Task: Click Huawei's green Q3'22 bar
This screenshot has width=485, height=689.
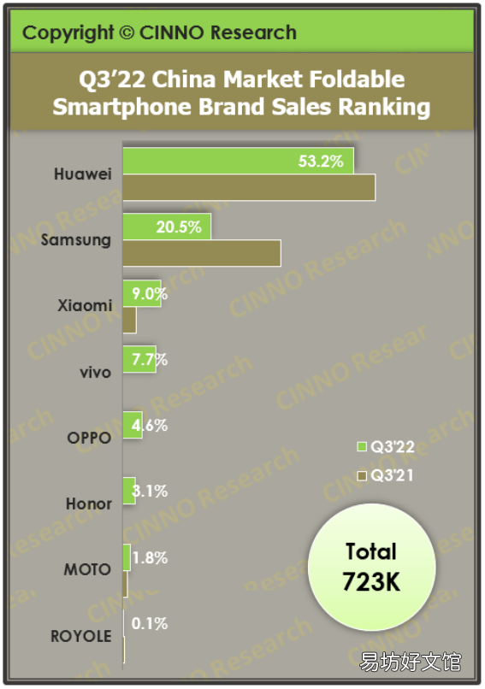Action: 238,161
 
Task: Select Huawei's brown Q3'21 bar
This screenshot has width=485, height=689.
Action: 249,187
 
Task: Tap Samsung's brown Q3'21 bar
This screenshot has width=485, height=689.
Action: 202,253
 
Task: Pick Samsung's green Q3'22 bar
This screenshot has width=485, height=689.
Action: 167,227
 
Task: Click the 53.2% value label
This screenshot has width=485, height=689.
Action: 321,162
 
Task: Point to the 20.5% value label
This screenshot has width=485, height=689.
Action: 179,227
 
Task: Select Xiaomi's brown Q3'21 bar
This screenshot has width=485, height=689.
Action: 129,320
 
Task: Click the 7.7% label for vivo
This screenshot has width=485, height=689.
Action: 150,360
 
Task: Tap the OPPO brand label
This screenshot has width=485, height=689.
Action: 89,438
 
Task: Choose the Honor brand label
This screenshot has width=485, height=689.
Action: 89,503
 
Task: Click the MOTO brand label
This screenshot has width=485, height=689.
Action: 87,569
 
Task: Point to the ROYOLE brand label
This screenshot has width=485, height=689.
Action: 81,636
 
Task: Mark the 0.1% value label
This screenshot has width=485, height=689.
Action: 150,623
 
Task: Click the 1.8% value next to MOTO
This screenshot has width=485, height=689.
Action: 150,558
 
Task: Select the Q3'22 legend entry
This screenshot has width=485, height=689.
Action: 386,447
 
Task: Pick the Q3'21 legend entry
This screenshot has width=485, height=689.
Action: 385,475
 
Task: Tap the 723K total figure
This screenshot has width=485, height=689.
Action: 371,582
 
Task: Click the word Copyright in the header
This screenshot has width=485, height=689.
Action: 68,33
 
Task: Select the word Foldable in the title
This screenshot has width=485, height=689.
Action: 357,79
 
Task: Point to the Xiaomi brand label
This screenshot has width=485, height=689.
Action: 85,305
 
